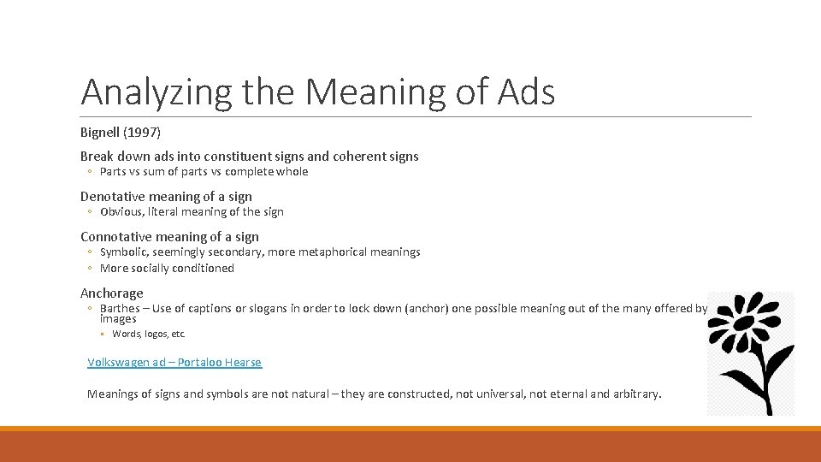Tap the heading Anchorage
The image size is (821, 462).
point(112,293)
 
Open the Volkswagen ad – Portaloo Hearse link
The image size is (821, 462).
point(174,363)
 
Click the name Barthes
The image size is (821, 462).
point(120,309)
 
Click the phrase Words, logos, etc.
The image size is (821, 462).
point(148,335)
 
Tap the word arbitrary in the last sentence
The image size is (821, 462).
point(635,394)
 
